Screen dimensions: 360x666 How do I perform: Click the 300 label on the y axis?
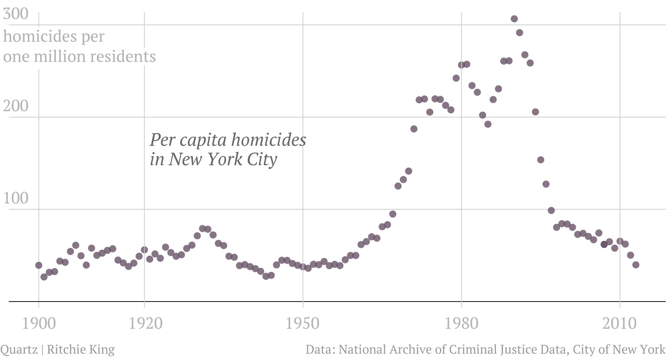coord(16,14)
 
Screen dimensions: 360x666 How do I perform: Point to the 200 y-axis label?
coord(16,106)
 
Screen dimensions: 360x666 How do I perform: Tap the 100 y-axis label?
coord(16,198)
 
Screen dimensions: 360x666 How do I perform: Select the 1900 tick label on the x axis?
coord(39,323)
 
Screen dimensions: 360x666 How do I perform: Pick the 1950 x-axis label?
coord(303,323)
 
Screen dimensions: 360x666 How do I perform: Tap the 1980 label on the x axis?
coord(461,323)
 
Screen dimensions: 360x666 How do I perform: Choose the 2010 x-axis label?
coord(619,323)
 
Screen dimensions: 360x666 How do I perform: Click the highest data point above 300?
coord(514,19)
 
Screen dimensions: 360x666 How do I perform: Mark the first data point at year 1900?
coord(38,265)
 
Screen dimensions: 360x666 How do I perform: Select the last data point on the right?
coord(636,265)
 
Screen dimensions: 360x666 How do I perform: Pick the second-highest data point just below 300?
coord(519,33)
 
